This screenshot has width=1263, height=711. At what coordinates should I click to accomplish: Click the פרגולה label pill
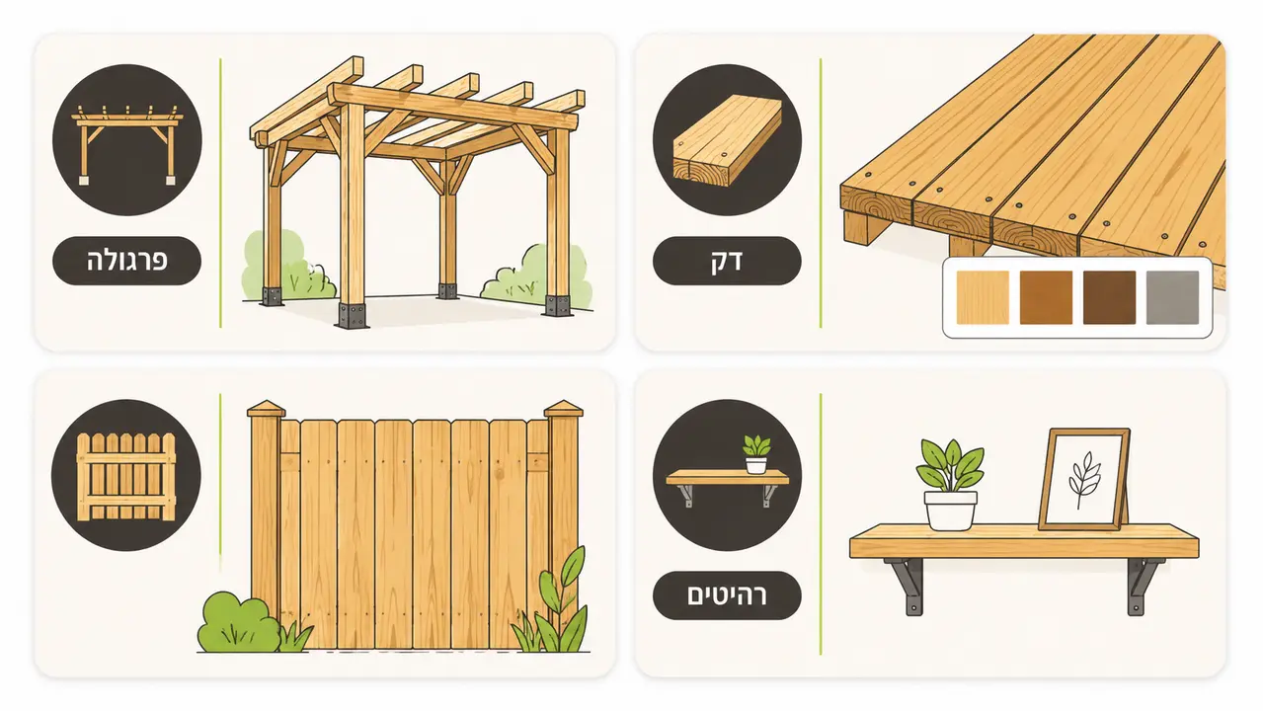126,261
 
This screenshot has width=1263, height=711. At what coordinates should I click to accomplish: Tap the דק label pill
727,261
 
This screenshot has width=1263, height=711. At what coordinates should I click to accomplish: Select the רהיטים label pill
727,595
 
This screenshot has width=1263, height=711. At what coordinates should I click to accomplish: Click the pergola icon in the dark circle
126,144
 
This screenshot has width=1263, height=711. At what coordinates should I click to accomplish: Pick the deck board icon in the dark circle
727,140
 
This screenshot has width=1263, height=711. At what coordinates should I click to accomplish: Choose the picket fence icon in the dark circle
126,476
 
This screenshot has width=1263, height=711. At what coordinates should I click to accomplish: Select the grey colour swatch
1172,297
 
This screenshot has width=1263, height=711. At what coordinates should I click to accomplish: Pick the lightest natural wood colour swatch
983,297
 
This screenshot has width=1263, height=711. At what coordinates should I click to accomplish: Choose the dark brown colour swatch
1109,297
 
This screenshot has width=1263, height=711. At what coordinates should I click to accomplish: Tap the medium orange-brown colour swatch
1046,297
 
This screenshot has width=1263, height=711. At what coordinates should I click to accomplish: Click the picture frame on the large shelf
1084,479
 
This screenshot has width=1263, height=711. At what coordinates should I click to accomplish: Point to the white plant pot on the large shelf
950,511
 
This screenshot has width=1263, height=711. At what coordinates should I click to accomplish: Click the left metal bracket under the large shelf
907,586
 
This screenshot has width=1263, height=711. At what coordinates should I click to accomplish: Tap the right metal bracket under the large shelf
1143,586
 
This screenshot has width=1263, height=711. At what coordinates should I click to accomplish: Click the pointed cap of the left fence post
267,409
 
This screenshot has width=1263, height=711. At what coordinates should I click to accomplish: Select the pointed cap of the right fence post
563,409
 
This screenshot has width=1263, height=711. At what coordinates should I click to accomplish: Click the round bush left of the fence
238,622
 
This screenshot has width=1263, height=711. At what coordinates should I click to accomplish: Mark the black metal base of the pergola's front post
353,316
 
